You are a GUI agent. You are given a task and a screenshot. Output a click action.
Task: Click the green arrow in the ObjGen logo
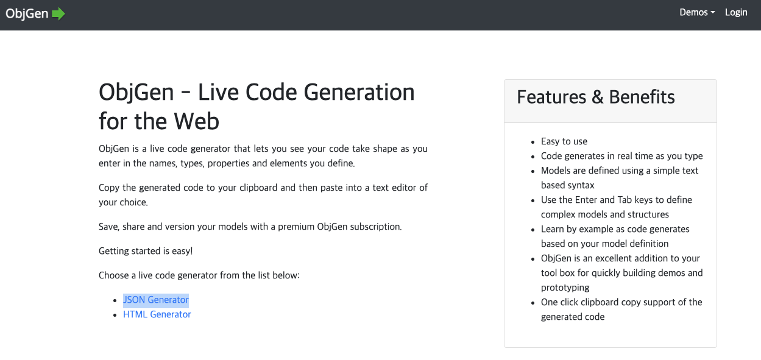click(x=58, y=13)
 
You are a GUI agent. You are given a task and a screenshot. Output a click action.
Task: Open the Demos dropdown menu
click(x=697, y=13)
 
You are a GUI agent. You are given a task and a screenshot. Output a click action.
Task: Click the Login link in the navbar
click(x=736, y=13)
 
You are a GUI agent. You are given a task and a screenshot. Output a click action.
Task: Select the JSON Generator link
click(x=156, y=300)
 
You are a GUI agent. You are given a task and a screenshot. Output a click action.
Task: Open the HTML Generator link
click(x=157, y=314)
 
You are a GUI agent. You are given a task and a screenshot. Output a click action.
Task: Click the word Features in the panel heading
click(x=551, y=97)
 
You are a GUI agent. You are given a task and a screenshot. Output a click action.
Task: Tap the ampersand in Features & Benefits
click(x=598, y=97)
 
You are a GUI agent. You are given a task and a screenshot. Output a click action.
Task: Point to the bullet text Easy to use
click(x=564, y=141)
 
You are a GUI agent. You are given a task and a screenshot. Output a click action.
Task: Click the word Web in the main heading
click(x=196, y=121)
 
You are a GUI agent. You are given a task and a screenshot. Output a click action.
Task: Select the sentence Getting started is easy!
click(x=146, y=251)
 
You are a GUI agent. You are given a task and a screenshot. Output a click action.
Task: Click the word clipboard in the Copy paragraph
click(x=258, y=188)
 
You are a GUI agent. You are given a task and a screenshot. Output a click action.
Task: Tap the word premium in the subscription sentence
click(x=296, y=227)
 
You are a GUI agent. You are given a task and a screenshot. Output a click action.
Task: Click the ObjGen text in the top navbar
click(x=27, y=13)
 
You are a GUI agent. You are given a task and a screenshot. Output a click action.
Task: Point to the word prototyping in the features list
click(x=565, y=288)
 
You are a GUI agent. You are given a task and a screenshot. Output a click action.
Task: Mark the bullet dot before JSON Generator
click(x=115, y=300)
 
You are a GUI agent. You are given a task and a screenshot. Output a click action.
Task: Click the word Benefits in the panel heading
click(x=642, y=97)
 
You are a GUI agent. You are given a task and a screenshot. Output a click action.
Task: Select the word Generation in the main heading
click(x=359, y=93)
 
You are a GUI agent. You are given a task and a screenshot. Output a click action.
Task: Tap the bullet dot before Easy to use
click(x=533, y=142)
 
